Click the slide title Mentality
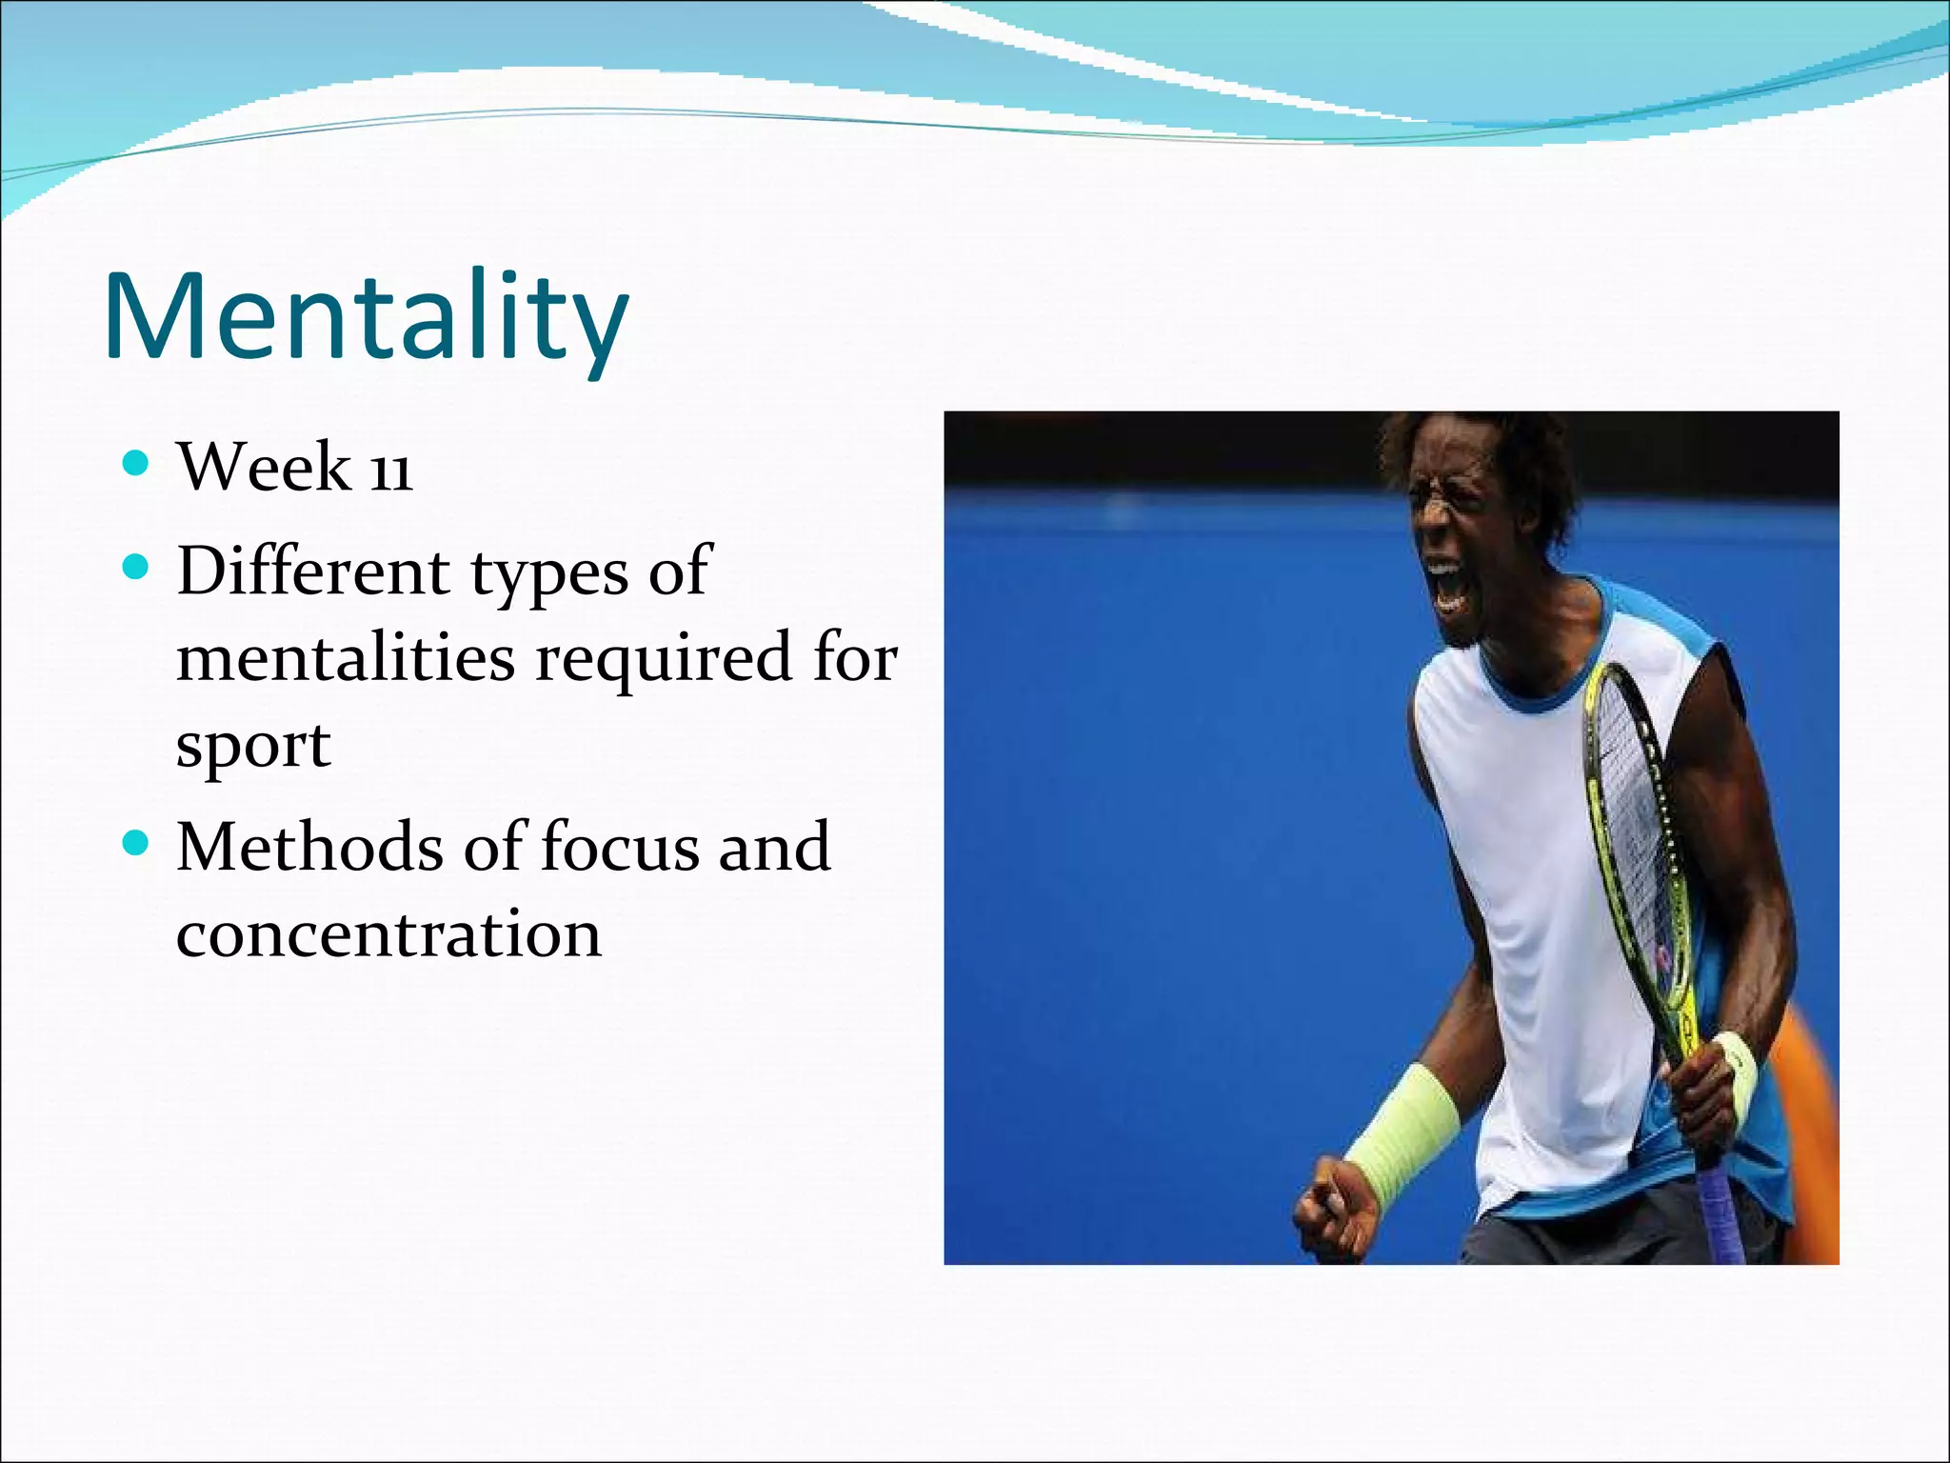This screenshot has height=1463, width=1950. [x=366, y=317]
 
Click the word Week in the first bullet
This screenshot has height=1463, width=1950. [x=264, y=469]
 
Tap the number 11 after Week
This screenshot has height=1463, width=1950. [x=391, y=471]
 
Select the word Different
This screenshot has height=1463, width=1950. [x=313, y=571]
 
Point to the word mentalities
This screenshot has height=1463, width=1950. [x=347, y=658]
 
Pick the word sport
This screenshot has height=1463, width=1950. [x=253, y=746]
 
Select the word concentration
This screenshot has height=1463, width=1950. [x=388, y=934]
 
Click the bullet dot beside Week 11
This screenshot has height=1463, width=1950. [x=137, y=464]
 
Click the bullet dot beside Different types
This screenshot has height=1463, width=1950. [x=137, y=569]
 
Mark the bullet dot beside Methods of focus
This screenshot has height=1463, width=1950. [x=137, y=843]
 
